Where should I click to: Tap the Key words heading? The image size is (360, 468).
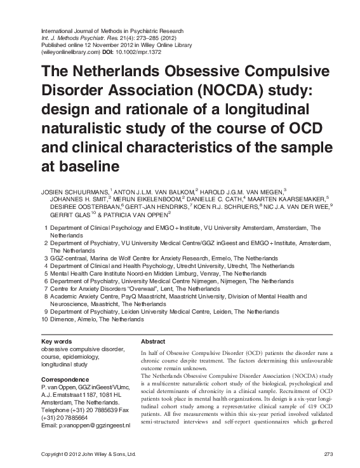56,341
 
